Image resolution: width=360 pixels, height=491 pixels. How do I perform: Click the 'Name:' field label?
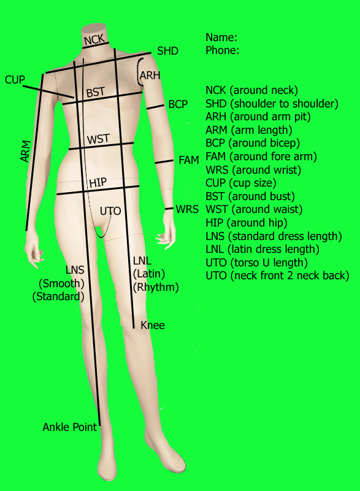pos(221,37)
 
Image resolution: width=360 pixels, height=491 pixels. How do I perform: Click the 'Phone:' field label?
pos(223,50)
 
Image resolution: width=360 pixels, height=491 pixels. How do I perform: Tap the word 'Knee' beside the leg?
pos(153,325)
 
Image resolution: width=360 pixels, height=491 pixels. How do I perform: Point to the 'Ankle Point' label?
pos(70,427)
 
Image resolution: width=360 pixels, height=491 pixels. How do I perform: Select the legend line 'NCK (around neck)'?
pos(252,90)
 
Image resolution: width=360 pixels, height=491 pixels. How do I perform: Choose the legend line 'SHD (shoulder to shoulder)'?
pos(272,103)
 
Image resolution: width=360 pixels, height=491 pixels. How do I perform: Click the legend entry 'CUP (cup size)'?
pos(241,183)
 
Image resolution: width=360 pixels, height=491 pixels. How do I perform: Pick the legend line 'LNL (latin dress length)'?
pos(262,249)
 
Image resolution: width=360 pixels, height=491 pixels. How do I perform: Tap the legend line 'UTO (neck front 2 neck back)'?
pos(277,276)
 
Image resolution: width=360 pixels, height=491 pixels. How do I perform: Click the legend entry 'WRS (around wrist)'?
pos(253,170)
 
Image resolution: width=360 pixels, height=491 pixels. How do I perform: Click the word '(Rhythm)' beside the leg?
pos(156,287)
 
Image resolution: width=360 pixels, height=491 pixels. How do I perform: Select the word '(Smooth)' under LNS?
pos(61,284)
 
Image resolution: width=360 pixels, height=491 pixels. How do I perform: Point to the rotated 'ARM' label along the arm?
pos(26,151)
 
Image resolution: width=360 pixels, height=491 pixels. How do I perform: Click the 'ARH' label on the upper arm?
pos(150,75)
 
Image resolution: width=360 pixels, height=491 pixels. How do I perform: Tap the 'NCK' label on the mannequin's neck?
pos(94,40)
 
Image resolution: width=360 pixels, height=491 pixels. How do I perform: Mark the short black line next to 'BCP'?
pos(155,107)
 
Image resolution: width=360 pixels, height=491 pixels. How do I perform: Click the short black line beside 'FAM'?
pos(164,161)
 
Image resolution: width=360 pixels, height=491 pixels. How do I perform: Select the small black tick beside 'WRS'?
pos(169,209)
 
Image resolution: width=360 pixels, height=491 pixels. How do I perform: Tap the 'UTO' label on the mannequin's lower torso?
pos(110,211)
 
